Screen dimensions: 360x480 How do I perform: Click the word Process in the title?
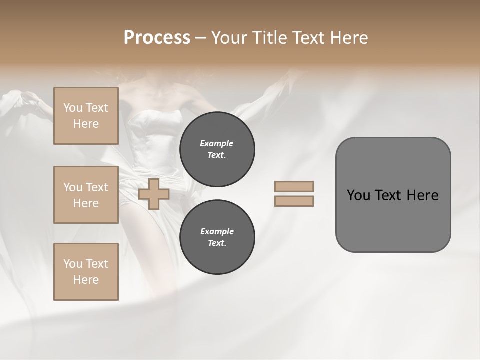point(157,38)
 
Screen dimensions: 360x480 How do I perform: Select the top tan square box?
point(86,116)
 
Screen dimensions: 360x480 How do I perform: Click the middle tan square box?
point(86,195)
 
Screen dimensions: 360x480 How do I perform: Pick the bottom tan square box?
point(86,272)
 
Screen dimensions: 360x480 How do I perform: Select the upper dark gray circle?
point(217,149)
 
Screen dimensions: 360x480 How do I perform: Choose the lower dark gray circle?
point(217,237)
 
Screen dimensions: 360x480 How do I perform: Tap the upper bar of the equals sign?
point(294,187)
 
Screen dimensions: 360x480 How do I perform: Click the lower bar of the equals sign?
point(294,201)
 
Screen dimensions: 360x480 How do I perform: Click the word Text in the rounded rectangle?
point(390,195)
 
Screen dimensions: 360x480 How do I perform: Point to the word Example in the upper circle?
point(217,143)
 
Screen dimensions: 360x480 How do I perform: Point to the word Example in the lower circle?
point(217,231)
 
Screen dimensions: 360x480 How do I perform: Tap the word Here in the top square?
point(86,124)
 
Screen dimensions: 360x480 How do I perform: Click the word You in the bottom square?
point(72,264)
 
